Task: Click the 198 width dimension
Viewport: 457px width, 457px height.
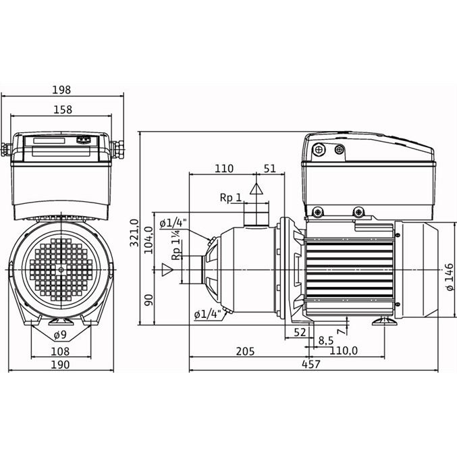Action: point(61,90)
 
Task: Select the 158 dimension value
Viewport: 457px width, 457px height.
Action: point(63,109)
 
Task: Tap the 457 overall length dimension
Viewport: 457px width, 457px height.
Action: point(311,364)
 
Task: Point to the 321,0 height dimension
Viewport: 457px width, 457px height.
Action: point(134,233)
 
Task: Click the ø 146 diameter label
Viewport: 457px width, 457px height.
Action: point(450,277)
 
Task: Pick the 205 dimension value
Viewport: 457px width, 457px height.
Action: point(245,351)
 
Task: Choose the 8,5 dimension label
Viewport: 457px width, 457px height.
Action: point(326,340)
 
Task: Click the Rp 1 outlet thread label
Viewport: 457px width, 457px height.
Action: point(231,198)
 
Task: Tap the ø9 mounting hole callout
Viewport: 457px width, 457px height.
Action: point(60,335)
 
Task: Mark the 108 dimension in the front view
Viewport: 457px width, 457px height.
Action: point(60,352)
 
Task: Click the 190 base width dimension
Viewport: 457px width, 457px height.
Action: point(60,365)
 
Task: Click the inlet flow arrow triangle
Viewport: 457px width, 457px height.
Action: point(167,269)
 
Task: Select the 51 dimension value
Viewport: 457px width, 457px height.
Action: point(269,169)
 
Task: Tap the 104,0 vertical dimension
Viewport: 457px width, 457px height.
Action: point(149,240)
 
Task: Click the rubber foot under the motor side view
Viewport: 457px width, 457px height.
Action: point(384,321)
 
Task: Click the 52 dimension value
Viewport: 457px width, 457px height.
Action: point(300,332)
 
